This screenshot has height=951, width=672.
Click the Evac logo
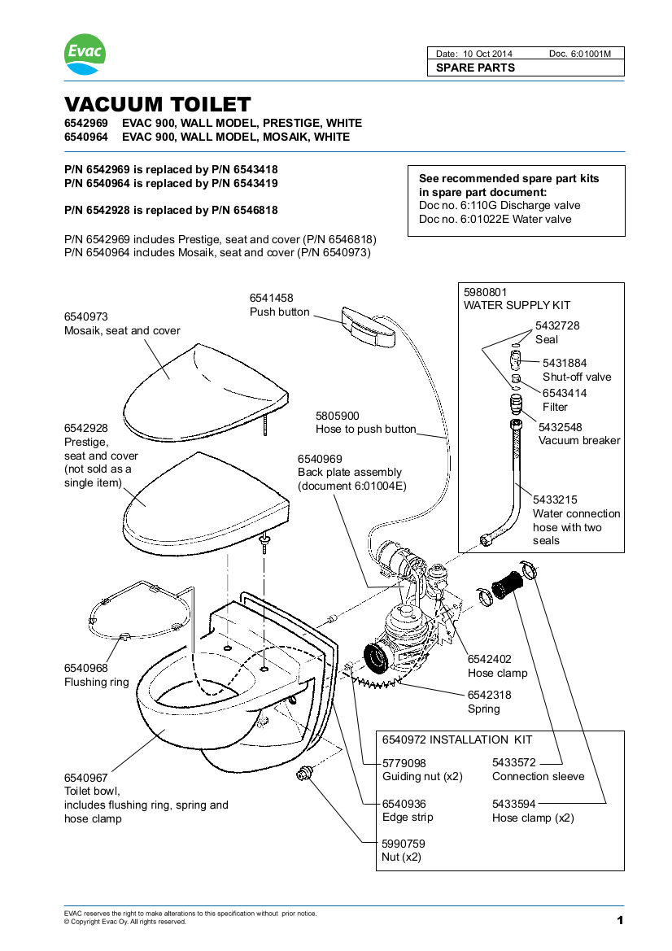click(85, 55)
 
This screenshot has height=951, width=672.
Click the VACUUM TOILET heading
click(157, 105)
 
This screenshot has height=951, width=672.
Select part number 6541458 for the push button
click(271, 299)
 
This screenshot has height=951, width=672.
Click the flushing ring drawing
click(140, 610)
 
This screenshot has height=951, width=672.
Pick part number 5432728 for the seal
click(557, 325)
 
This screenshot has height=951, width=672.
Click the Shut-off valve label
click(577, 377)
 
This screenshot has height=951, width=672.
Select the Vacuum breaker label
click(579, 440)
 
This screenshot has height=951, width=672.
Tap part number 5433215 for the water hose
click(555, 499)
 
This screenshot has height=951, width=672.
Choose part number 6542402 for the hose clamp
click(490, 660)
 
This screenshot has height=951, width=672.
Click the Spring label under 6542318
click(484, 709)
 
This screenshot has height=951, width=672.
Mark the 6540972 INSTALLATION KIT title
click(457, 739)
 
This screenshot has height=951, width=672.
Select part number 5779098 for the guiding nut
click(404, 763)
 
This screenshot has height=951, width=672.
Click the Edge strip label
click(408, 817)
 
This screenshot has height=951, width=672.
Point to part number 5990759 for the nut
click(404, 844)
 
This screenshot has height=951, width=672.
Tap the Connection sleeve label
click(538, 776)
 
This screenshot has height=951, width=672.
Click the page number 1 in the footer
click(620, 920)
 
